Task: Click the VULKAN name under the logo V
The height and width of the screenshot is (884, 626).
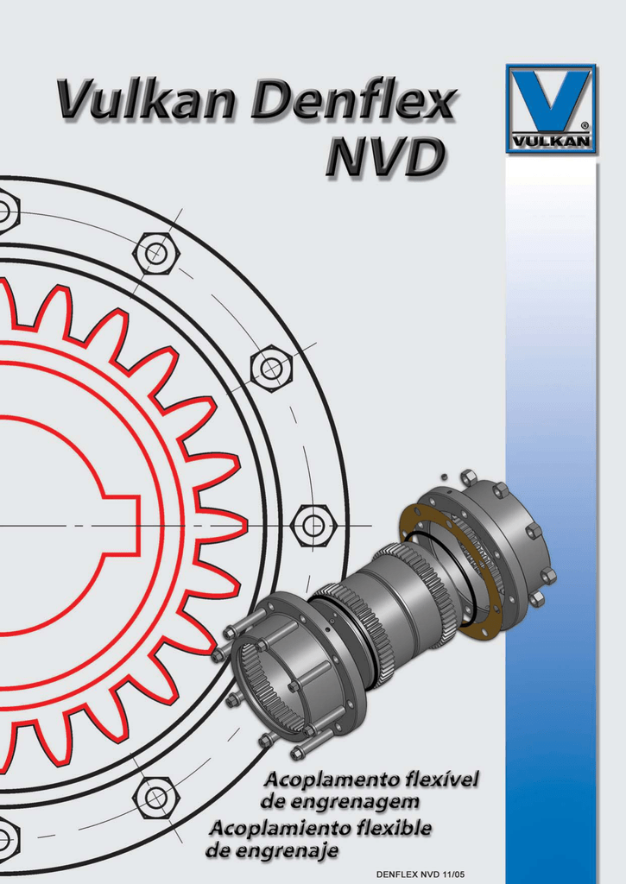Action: point(551,141)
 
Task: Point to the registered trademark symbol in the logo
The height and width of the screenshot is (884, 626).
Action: point(585,126)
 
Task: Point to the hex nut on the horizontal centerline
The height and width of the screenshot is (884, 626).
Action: point(312,525)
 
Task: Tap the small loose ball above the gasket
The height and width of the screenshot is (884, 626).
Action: point(443,476)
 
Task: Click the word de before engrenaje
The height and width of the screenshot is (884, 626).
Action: point(220,851)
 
